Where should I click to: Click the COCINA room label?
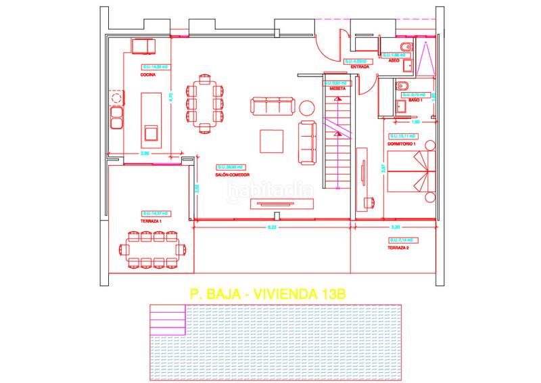point(148,75)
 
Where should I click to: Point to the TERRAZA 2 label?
point(399,248)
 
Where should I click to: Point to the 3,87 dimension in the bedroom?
point(383,169)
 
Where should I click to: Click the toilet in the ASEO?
point(402,47)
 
